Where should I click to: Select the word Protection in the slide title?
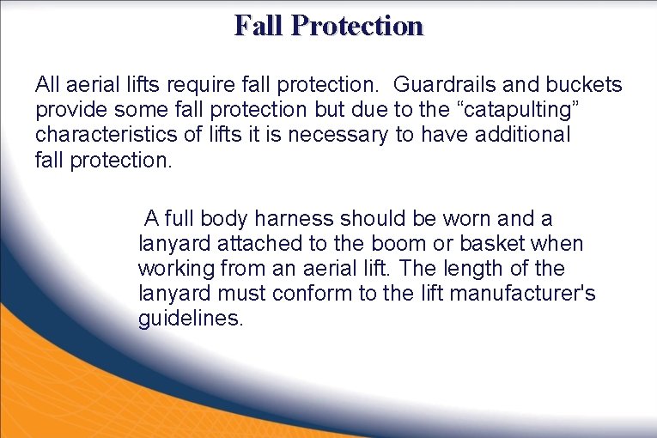tap(357, 26)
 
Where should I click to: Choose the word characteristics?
tap(102, 135)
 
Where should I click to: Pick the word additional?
tap(519, 135)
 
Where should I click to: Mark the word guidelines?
tap(191, 319)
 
